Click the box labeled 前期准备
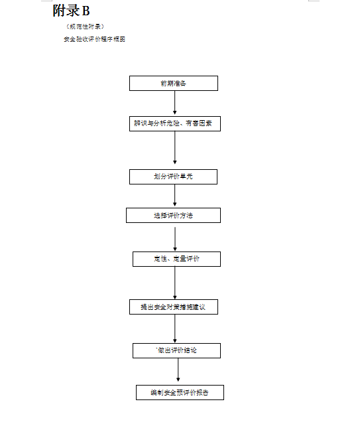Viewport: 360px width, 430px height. [173, 84]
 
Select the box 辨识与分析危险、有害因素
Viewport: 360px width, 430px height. [175, 123]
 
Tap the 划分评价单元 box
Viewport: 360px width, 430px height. [173, 177]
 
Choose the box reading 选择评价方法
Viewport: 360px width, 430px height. [173, 216]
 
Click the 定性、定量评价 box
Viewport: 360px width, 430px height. [176, 259]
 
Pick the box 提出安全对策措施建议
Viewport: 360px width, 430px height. [173, 307]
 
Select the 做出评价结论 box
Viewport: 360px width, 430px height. [176, 350]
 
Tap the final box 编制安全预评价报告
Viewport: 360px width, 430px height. [180, 393]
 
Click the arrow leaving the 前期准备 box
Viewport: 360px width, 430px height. [175, 103]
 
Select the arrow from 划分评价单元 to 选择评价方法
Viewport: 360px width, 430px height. [175, 196]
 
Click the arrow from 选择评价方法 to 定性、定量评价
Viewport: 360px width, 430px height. [175, 237]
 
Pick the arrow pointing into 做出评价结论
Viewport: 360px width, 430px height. [175, 328]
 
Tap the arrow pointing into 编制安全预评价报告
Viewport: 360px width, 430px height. [178, 372]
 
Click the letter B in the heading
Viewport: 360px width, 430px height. [86, 11]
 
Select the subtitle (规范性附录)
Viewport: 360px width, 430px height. [85, 27]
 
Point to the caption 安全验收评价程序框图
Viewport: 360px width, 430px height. [93, 39]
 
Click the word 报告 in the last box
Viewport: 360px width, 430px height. [202, 393]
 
